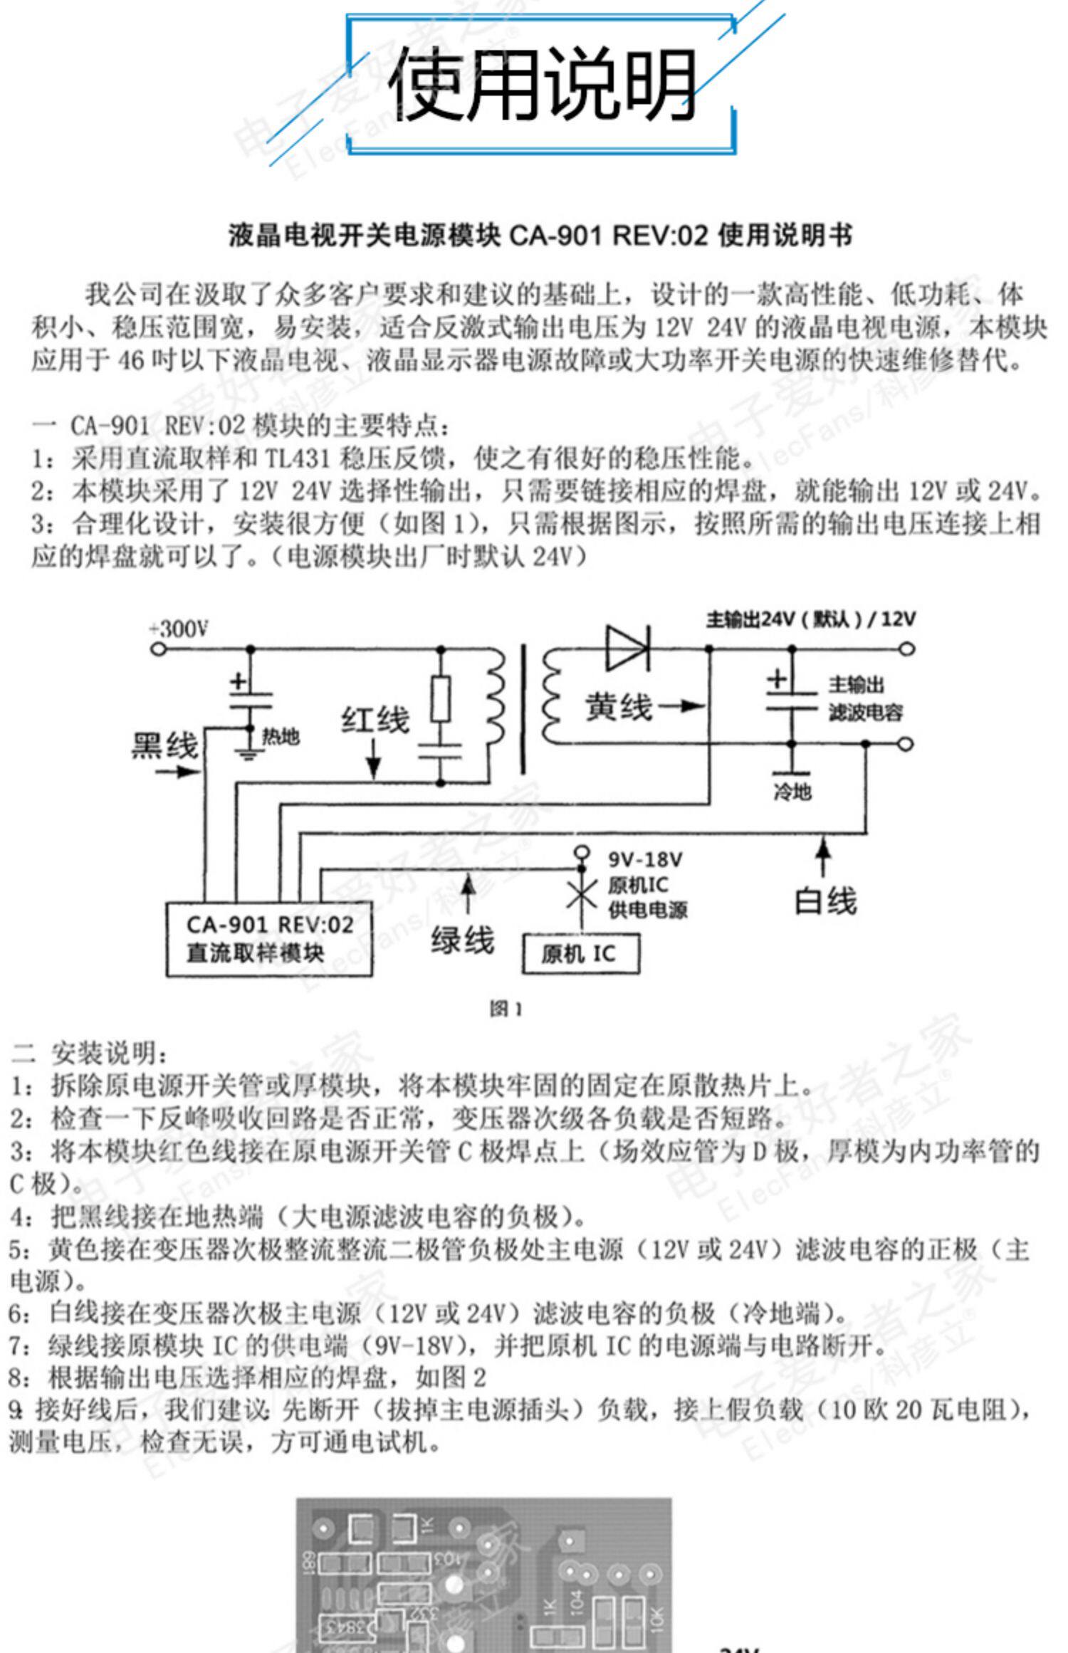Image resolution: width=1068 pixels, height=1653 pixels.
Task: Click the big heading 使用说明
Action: [x=541, y=84]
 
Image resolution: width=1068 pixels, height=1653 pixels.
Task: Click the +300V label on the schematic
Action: [x=179, y=629]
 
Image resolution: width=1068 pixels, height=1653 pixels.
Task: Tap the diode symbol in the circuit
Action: [x=627, y=648]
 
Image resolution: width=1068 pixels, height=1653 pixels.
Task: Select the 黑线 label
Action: [x=164, y=746]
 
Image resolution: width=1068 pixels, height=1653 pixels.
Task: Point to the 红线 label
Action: [x=375, y=720]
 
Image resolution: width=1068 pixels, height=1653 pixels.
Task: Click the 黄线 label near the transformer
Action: [x=618, y=707]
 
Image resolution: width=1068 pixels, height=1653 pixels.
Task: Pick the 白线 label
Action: [x=825, y=901]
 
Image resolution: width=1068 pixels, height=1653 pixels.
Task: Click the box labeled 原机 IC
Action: [x=580, y=954]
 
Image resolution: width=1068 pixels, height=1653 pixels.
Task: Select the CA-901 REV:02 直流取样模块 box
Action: [x=269, y=938]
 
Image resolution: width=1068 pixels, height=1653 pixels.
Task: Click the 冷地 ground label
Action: [x=792, y=791]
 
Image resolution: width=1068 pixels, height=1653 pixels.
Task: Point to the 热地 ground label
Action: [x=281, y=737]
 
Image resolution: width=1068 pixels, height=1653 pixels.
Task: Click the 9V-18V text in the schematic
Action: [x=645, y=859]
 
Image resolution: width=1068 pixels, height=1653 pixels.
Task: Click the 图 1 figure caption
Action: [x=506, y=1009]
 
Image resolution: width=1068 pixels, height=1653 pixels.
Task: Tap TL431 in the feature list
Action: [x=298, y=458]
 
